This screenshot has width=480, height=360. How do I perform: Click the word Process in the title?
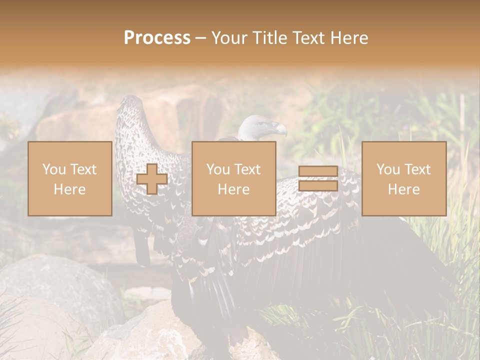click(157, 38)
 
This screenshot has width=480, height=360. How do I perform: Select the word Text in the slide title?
click(309, 38)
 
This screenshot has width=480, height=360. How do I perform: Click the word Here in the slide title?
click(349, 38)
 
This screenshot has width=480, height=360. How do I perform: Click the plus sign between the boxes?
click(152, 179)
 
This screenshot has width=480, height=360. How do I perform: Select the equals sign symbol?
click(318, 178)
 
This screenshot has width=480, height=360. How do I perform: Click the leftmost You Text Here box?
click(69, 178)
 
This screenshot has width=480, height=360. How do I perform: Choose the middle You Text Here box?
click(233, 178)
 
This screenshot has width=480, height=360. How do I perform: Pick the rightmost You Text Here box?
click(403, 178)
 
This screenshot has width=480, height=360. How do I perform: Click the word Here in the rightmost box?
click(403, 189)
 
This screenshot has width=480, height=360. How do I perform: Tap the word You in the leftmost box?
click(53, 169)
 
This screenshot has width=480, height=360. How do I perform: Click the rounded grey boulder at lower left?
click(55, 285)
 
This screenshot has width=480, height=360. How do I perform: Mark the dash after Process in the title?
click(201, 38)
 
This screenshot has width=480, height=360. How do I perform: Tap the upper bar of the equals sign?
click(318, 171)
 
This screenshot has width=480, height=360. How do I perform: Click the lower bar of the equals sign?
click(318, 185)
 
